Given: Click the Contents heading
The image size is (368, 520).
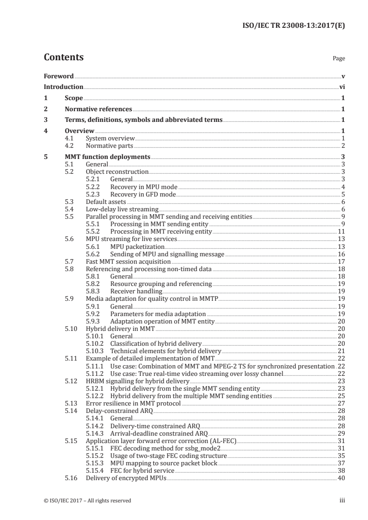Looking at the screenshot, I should [64, 57].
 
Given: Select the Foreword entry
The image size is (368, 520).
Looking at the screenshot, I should [58, 76].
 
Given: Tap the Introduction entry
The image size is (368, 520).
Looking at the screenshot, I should [64, 87].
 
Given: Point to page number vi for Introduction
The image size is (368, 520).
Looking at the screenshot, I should [342, 87].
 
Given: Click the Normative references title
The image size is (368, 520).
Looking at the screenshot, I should [98, 109].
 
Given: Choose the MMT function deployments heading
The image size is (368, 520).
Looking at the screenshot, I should [107, 157].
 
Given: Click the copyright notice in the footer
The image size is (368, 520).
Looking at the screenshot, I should [87, 501].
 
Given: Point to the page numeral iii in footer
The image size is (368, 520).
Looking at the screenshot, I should [342, 501].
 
